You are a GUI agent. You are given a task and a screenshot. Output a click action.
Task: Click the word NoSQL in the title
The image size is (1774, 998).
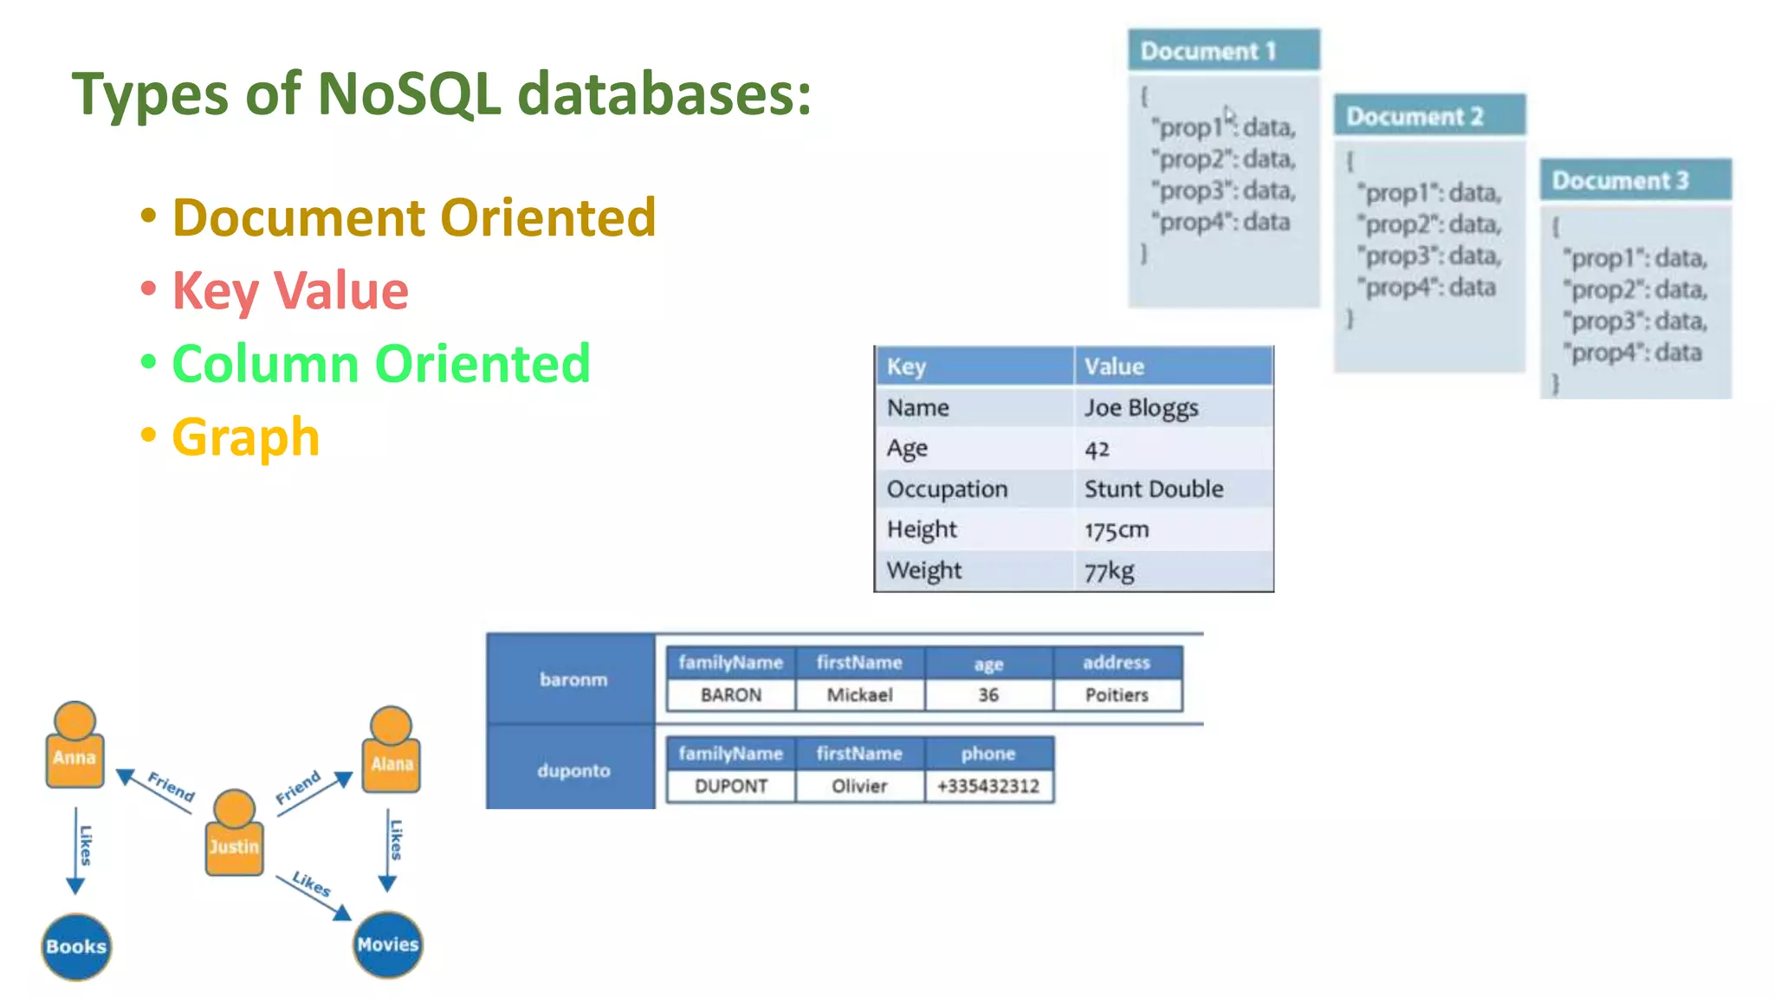click(x=409, y=94)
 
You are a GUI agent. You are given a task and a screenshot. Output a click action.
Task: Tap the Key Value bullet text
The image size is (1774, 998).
click(x=290, y=290)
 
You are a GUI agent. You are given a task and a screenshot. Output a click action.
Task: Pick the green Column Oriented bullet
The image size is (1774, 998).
click(x=381, y=363)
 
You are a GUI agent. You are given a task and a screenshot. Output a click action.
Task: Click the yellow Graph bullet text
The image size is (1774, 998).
click(x=246, y=437)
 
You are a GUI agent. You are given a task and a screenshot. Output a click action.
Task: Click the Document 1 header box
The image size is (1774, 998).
click(x=1223, y=50)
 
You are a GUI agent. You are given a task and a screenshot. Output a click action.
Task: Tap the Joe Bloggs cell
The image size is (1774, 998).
click(x=1142, y=408)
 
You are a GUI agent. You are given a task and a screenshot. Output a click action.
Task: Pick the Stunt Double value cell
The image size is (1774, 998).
click(x=1154, y=489)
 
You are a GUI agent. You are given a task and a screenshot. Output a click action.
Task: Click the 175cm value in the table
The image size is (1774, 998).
click(x=1117, y=530)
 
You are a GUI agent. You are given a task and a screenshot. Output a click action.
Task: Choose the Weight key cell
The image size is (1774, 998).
click(x=924, y=571)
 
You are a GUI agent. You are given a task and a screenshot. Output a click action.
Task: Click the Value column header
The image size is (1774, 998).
click(x=1115, y=366)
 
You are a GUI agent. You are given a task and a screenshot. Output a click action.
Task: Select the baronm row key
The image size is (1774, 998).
click(x=573, y=679)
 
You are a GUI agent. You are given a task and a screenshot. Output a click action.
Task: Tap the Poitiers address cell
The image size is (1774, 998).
click(x=1117, y=695)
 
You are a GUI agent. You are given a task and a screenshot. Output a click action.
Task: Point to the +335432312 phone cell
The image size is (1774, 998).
click(x=987, y=787)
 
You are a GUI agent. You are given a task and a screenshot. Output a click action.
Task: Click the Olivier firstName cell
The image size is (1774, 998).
click(x=859, y=787)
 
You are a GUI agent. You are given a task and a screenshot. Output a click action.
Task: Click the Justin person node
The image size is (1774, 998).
click(x=234, y=836)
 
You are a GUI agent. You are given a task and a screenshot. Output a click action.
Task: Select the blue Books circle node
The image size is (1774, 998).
click(x=76, y=946)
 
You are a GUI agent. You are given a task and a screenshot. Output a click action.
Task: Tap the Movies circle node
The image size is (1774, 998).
click(x=388, y=944)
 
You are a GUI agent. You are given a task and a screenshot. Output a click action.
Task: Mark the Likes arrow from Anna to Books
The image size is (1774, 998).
click(x=77, y=849)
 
